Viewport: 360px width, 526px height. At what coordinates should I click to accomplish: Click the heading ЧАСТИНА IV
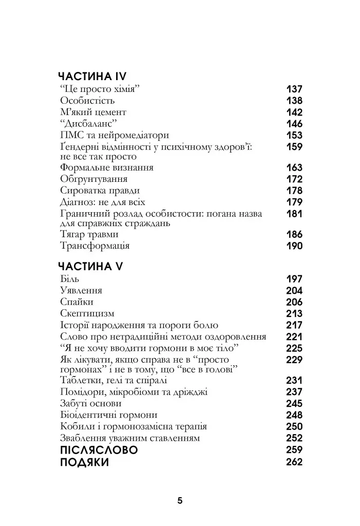[x=89, y=77]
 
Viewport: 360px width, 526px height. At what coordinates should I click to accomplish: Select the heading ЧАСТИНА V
[x=87, y=266]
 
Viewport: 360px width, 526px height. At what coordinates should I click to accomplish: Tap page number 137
[x=294, y=89]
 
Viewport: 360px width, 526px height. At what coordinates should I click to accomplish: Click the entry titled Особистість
[x=87, y=101]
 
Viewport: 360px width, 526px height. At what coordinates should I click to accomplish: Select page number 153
[x=294, y=136]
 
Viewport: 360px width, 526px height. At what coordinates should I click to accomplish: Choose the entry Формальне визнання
[x=107, y=168]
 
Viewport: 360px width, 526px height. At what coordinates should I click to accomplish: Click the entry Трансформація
[x=94, y=246]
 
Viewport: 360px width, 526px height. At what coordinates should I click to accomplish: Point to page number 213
[x=294, y=314]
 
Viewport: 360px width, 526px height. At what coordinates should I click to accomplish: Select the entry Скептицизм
[x=87, y=314]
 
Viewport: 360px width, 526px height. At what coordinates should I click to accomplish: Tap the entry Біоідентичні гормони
[x=108, y=415]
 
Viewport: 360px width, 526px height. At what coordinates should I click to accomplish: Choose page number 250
[x=294, y=427]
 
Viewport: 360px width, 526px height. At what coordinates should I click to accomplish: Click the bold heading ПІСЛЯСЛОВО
[x=99, y=450]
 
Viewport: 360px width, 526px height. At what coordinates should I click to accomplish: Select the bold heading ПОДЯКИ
[x=85, y=462]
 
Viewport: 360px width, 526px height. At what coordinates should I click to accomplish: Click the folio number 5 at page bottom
[x=180, y=501]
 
